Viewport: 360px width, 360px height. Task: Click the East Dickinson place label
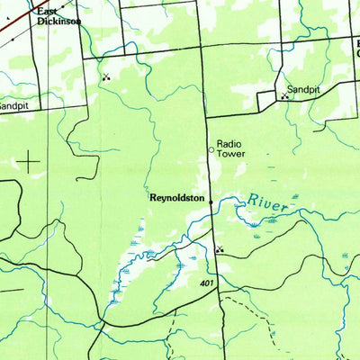(x=58, y=15)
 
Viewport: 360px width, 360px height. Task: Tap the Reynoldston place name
(x=177, y=197)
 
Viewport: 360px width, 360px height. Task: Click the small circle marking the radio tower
(x=212, y=150)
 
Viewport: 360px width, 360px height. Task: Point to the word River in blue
(x=268, y=202)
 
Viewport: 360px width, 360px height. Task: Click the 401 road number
(x=208, y=284)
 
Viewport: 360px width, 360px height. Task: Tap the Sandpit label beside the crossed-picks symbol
(x=303, y=90)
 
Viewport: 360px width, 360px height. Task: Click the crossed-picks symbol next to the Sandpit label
(x=285, y=96)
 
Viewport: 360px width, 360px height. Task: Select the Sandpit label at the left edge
(x=13, y=104)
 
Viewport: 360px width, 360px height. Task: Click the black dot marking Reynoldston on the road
(x=211, y=203)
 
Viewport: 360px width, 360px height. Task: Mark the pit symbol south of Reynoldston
(x=218, y=249)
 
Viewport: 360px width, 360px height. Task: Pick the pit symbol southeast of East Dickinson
(x=107, y=77)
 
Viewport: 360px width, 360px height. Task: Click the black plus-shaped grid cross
(x=29, y=162)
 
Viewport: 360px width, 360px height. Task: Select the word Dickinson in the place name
(x=59, y=21)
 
